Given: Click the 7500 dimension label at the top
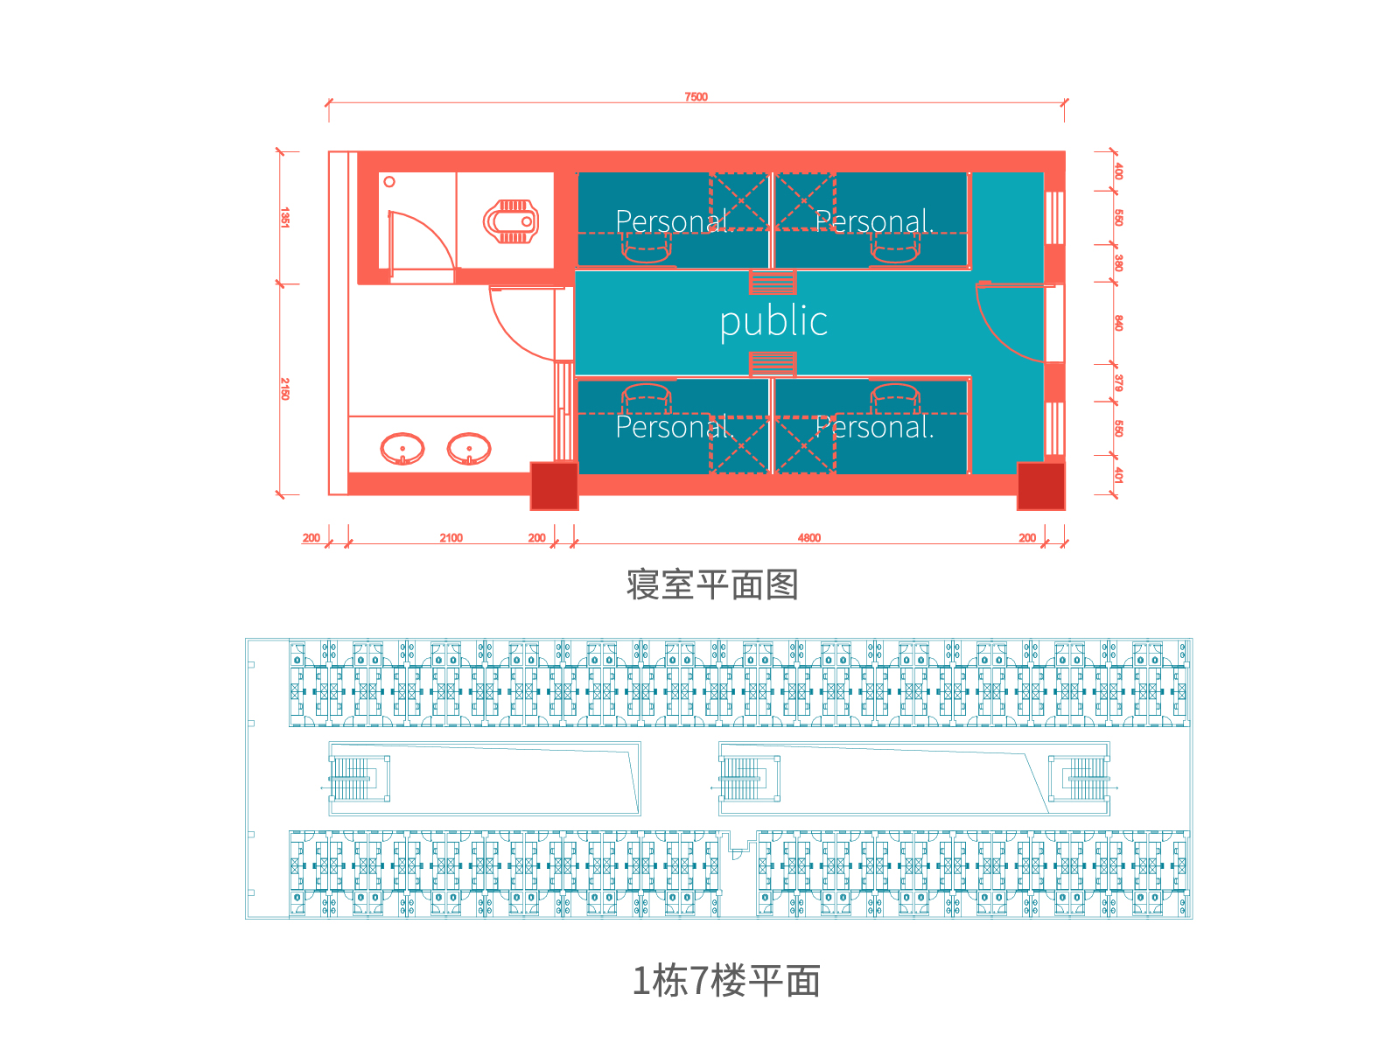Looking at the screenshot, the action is click(x=696, y=97).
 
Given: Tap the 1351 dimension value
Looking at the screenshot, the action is click(x=284, y=217).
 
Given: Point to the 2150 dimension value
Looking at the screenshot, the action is click(x=284, y=388).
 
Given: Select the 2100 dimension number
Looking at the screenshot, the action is click(x=451, y=538).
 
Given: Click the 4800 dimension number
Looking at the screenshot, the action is click(x=808, y=538).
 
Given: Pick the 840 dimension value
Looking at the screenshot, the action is click(x=1118, y=323).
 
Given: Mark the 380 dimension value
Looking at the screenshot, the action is click(x=1118, y=262).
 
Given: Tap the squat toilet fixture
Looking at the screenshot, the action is click(x=511, y=222).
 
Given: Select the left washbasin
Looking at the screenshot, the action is click(x=402, y=449).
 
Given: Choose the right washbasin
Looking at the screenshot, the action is click(x=469, y=449).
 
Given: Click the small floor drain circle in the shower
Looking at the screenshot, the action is click(x=389, y=182).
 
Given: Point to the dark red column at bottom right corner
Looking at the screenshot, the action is click(x=1041, y=486).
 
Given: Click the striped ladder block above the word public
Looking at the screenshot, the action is click(x=773, y=283).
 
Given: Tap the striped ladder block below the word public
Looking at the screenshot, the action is click(x=773, y=364).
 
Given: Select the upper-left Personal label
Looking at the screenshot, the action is click(x=674, y=222).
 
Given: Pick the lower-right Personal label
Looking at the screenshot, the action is click(x=874, y=427).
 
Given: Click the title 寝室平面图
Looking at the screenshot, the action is click(x=711, y=584).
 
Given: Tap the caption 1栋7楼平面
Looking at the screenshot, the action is click(x=726, y=981).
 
